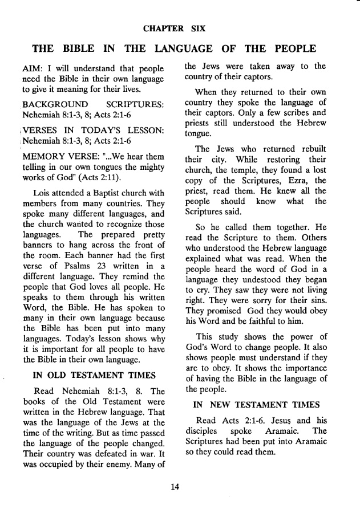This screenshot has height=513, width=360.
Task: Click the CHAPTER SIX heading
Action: point(180,27)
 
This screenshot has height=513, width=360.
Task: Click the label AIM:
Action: point(32,67)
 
